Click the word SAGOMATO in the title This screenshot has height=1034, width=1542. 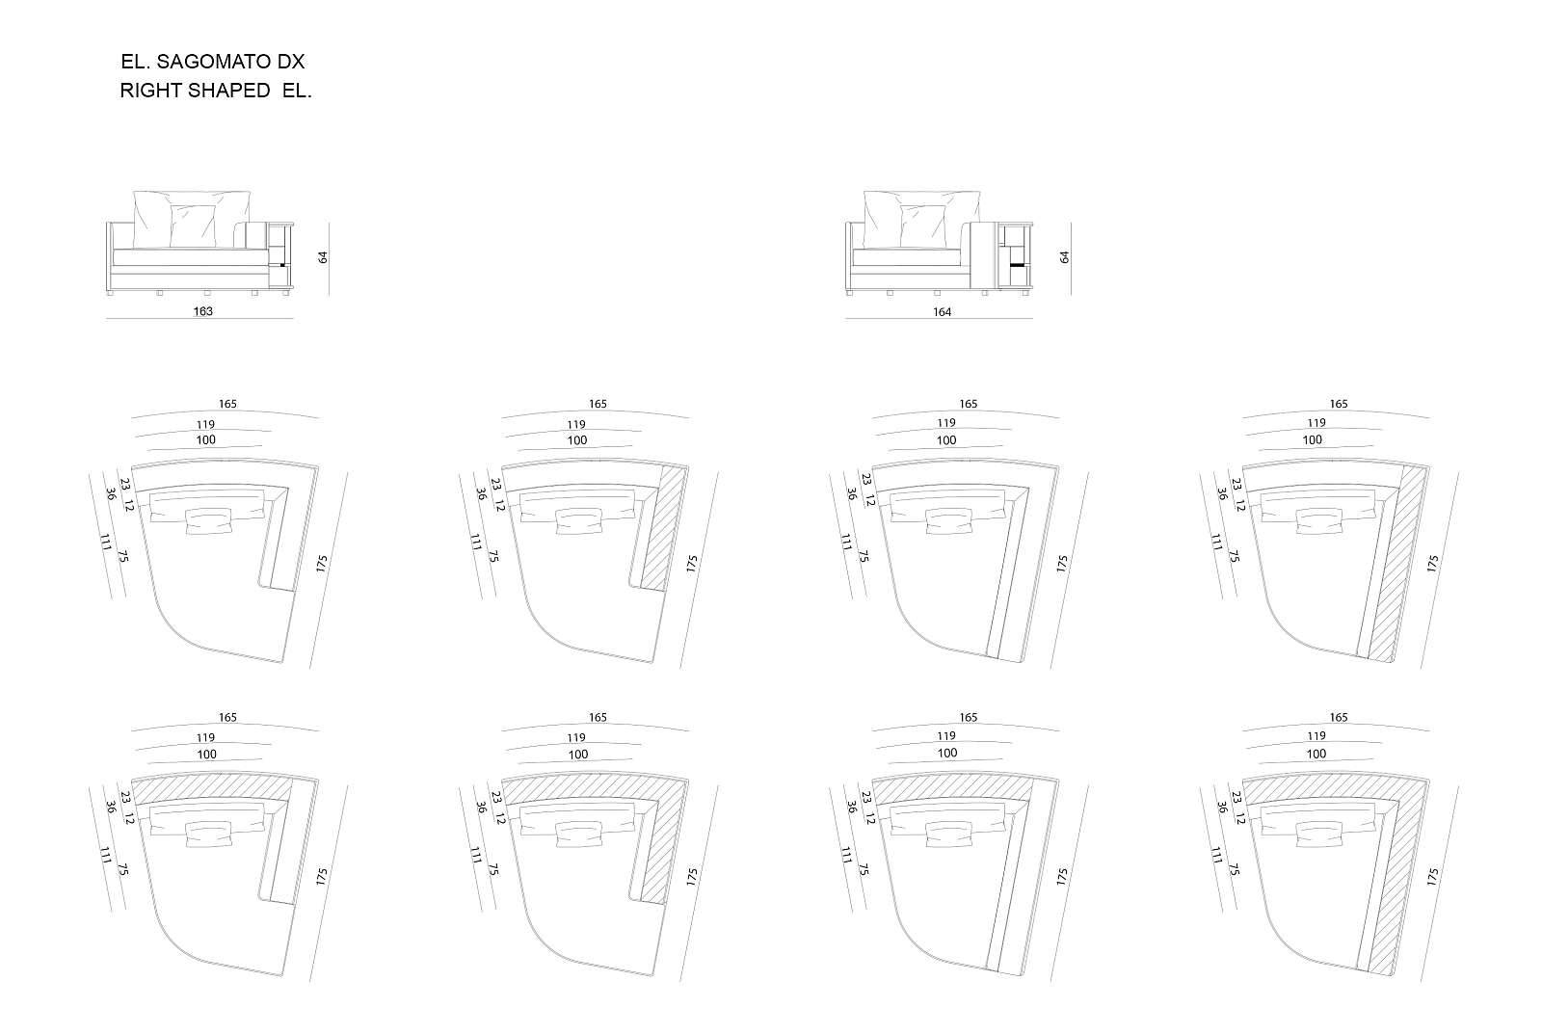click(214, 62)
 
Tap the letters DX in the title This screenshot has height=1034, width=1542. click(291, 62)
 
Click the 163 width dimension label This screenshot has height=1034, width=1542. click(203, 311)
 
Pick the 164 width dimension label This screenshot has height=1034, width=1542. click(942, 312)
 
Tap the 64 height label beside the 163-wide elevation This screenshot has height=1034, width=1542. click(323, 256)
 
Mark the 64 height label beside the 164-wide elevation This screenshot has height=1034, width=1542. click(1064, 256)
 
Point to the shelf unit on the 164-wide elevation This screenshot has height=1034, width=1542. click(1015, 254)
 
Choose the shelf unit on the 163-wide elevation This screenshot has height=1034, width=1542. click(280, 254)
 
